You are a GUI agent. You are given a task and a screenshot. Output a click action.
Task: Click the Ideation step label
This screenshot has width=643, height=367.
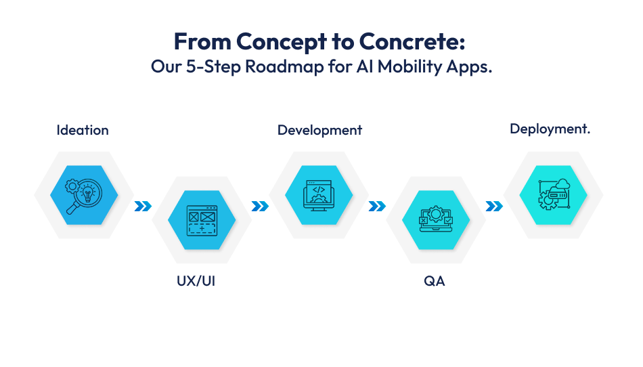pos(83,130)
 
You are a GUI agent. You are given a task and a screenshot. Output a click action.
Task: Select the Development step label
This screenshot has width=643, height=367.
pos(319,130)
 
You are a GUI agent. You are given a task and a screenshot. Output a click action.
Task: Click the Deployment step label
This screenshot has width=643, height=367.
pos(550,129)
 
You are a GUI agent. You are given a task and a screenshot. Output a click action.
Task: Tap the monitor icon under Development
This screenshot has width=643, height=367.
pos(319,194)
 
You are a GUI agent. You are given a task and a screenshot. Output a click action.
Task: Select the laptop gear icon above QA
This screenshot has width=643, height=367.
pos(436,219)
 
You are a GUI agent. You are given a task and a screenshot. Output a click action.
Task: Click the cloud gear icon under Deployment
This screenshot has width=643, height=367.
pos(553,194)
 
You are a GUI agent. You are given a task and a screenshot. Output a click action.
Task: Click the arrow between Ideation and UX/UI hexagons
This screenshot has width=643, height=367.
pos(143,207)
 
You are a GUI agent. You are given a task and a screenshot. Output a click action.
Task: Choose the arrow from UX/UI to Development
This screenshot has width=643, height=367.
pos(260,207)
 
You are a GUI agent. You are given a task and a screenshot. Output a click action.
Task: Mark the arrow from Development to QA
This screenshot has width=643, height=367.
pos(377,207)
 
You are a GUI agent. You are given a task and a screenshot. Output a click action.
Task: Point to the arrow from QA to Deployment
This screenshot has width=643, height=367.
pos(494,207)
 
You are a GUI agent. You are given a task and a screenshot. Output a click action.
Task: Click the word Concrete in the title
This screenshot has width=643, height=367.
pos(412,41)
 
